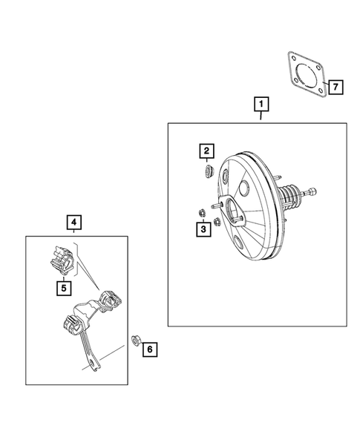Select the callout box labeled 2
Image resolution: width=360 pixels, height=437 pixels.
point(206,152)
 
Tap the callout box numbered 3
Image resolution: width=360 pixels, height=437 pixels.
point(203,231)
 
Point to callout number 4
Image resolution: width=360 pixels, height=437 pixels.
point(73,220)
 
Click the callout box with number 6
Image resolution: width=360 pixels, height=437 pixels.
point(149,348)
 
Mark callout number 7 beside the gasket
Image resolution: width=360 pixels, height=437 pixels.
point(336,88)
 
